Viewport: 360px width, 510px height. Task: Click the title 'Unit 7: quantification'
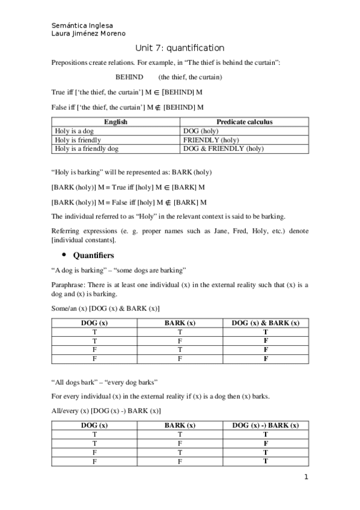[x=180, y=48]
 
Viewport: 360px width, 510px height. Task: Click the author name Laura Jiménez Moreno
[x=89, y=34]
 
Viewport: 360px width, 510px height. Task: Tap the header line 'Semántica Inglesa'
[x=82, y=26]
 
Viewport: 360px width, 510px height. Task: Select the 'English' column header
[x=115, y=121]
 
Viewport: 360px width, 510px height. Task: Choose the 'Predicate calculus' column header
[x=244, y=121]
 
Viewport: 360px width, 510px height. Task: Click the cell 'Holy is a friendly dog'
[x=87, y=149]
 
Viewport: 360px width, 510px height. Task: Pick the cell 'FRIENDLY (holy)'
[x=211, y=140]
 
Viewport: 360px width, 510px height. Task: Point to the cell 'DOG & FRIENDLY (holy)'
[x=223, y=149]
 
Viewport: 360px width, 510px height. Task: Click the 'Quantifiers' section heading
[x=97, y=256]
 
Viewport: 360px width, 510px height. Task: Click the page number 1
[x=306, y=478]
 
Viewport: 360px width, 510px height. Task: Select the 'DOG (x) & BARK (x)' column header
[x=266, y=323]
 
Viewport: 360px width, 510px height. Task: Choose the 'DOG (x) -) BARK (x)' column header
[x=266, y=425]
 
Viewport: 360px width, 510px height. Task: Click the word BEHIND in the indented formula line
[x=129, y=77]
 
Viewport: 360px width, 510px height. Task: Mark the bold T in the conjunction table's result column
[x=266, y=332]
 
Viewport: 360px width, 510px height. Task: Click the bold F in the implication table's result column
[x=266, y=443]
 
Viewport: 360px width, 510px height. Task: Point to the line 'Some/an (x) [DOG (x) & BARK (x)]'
[x=106, y=309]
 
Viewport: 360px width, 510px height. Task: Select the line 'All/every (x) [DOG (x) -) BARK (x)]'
[x=106, y=411]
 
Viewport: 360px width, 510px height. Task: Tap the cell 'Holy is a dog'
[x=75, y=131]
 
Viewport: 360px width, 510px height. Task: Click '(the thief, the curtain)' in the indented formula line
[x=191, y=77]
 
